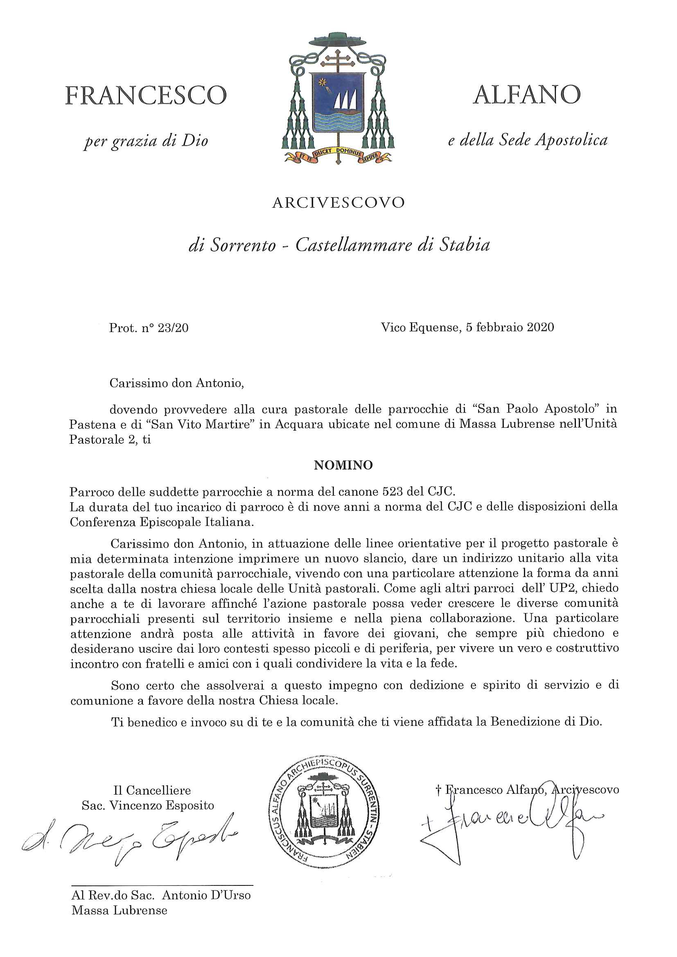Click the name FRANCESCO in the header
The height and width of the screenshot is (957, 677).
point(146,95)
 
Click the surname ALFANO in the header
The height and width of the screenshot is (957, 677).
point(527,94)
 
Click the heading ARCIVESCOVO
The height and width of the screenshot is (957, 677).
point(338,202)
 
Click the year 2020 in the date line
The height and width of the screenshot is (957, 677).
point(540,327)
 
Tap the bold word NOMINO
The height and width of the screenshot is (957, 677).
point(343,465)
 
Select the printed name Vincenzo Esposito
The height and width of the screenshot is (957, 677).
point(162,805)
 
